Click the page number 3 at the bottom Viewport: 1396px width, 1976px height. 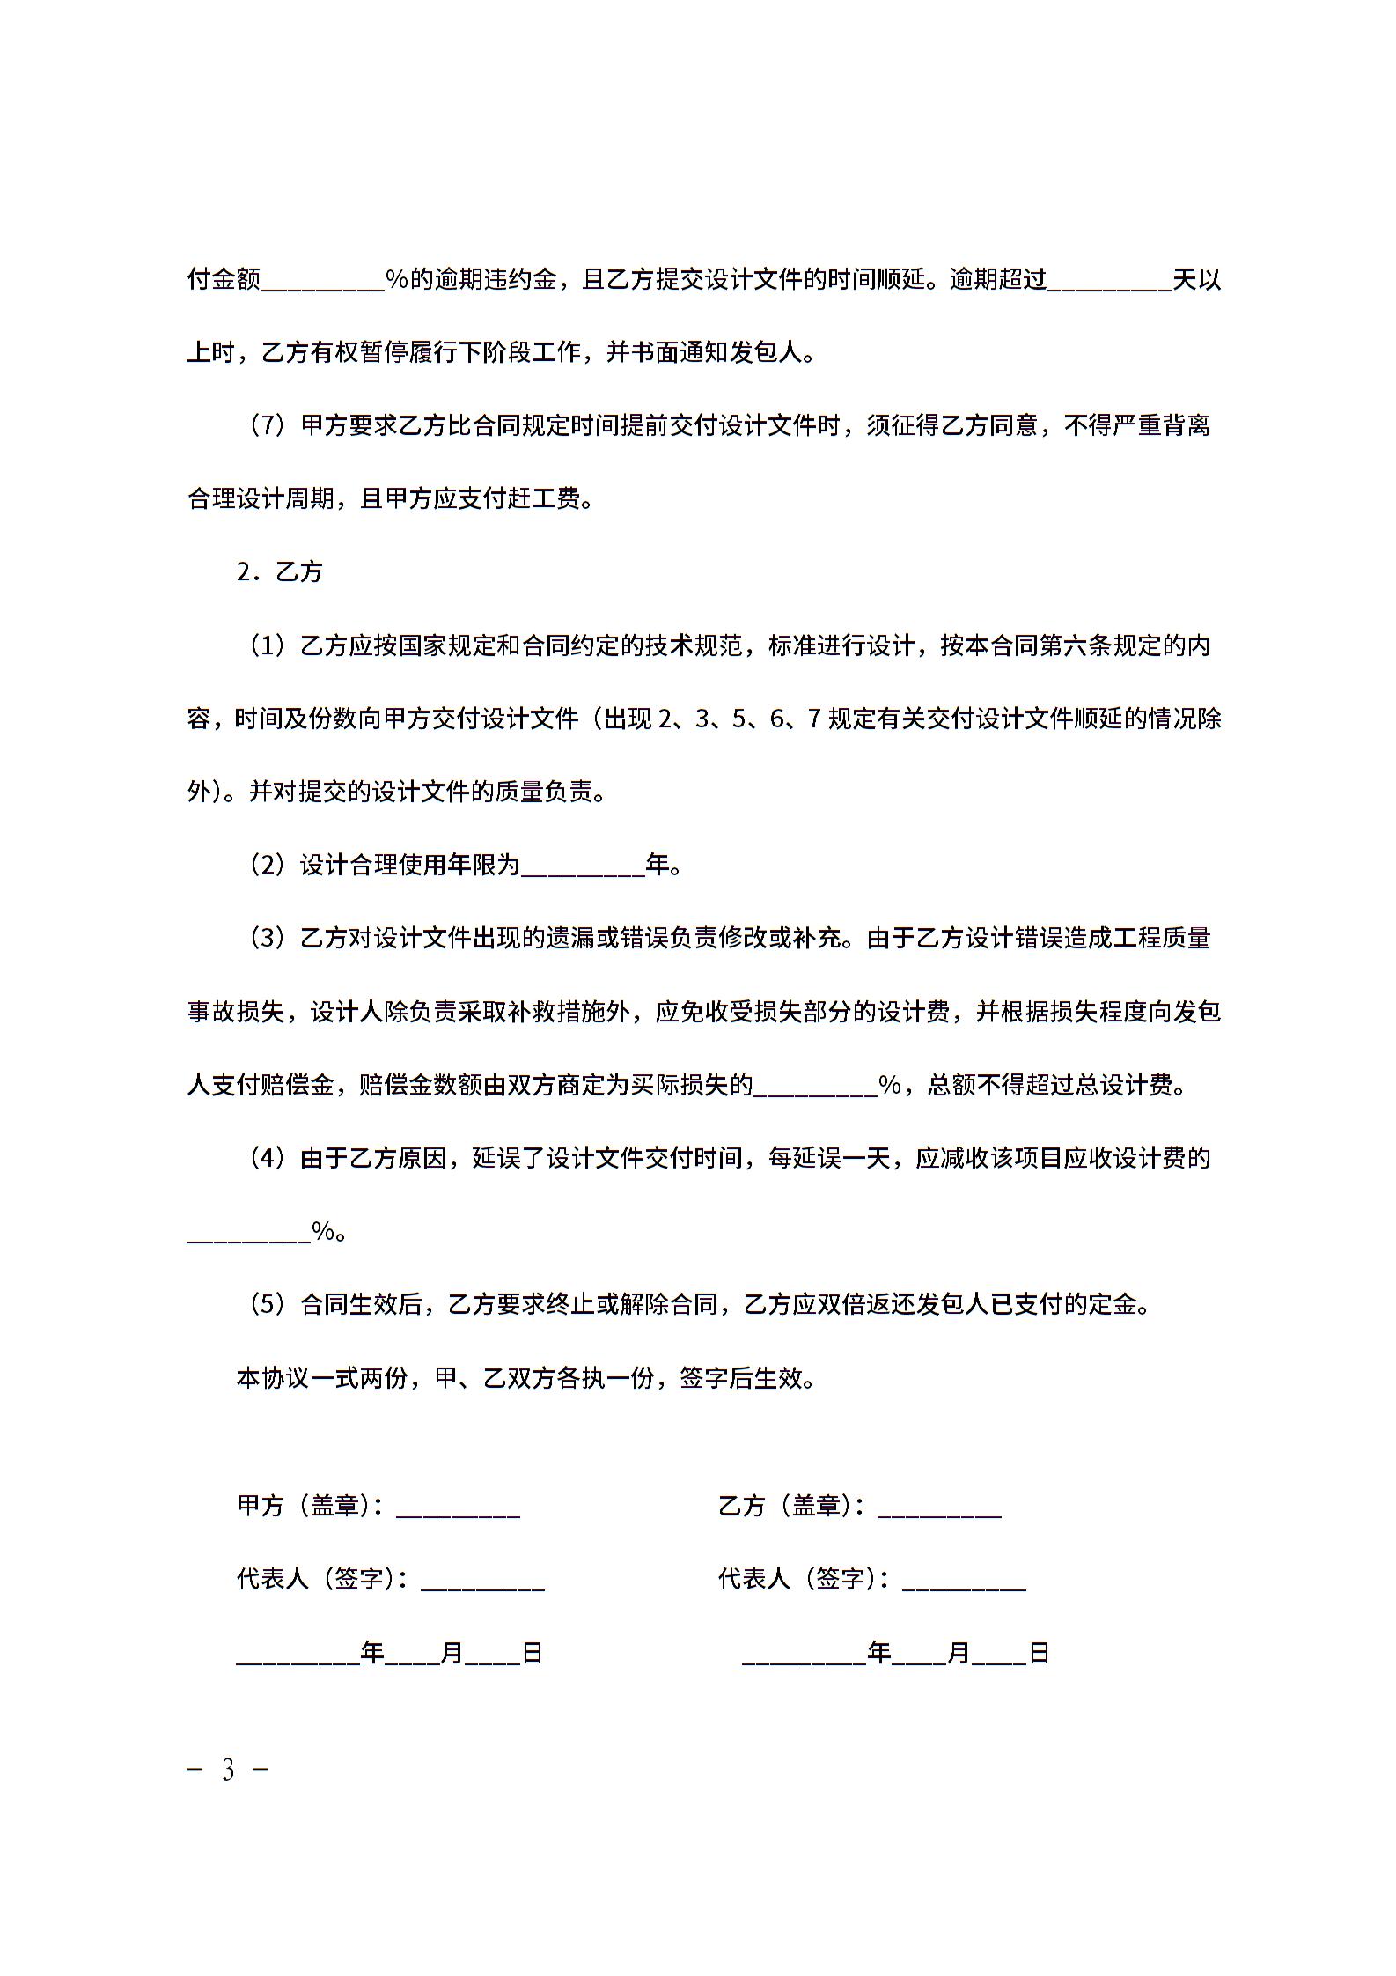[228, 1770]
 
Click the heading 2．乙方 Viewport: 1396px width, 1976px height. [279, 572]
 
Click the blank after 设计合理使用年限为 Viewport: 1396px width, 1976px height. [583, 866]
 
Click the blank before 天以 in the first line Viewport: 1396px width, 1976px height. [1109, 281]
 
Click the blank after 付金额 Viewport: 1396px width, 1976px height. [322, 281]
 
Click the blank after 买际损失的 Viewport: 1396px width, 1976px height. [815, 1086]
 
